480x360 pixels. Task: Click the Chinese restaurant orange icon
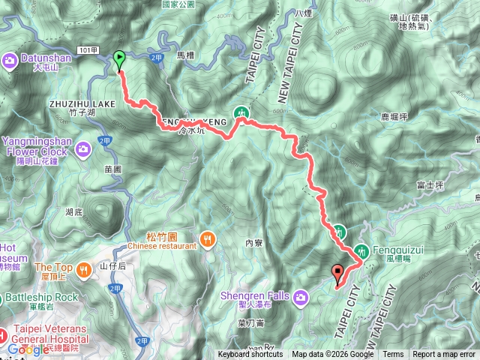[208, 241]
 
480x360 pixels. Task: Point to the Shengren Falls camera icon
[301, 298]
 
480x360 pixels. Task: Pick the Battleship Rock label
[43, 297]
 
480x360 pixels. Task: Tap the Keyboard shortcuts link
[250, 355]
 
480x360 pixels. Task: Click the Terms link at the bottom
[393, 355]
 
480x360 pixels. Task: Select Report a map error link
[444, 355]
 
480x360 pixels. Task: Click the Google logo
[28, 349]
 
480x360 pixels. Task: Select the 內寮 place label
[253, 242]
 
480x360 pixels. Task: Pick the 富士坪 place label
[424, 184]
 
